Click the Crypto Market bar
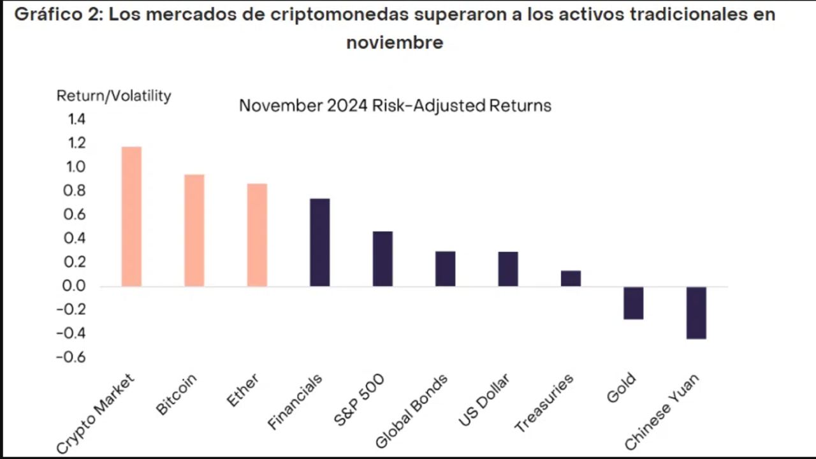(131, 216)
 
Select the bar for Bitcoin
(194, 230)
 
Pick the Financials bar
(319, 242)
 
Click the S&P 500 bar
(382, 258)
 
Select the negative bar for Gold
(633, 303)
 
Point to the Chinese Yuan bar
(696, 312)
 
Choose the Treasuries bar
(571, 279)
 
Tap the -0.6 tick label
(71, 357)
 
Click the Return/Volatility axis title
(114, 96)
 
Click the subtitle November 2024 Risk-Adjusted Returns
(395, 105)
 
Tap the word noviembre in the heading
(395, 43)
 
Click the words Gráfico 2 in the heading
(56, 15)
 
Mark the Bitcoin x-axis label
(177, 395)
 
